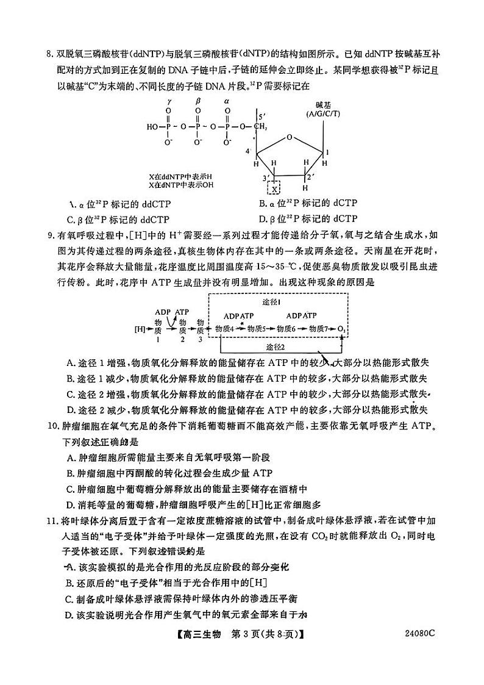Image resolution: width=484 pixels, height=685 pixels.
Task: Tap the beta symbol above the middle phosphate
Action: coord(198,101)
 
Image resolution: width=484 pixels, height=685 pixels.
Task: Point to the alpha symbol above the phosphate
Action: coord(227,101)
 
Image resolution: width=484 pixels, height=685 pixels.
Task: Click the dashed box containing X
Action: coord(276,188)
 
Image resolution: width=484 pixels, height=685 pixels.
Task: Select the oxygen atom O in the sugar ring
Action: coord(290,137)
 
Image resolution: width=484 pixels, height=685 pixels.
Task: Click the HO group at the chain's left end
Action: coord(152,127)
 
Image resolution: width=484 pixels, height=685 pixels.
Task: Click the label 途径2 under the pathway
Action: coord(276,347)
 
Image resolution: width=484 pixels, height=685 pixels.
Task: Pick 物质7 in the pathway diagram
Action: coord(319,329)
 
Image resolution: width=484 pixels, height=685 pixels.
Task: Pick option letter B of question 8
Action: coord(263,203)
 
